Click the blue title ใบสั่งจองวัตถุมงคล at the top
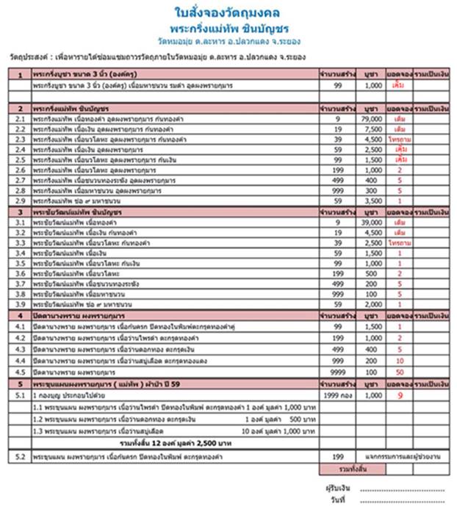228,14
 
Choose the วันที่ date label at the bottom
338,500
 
